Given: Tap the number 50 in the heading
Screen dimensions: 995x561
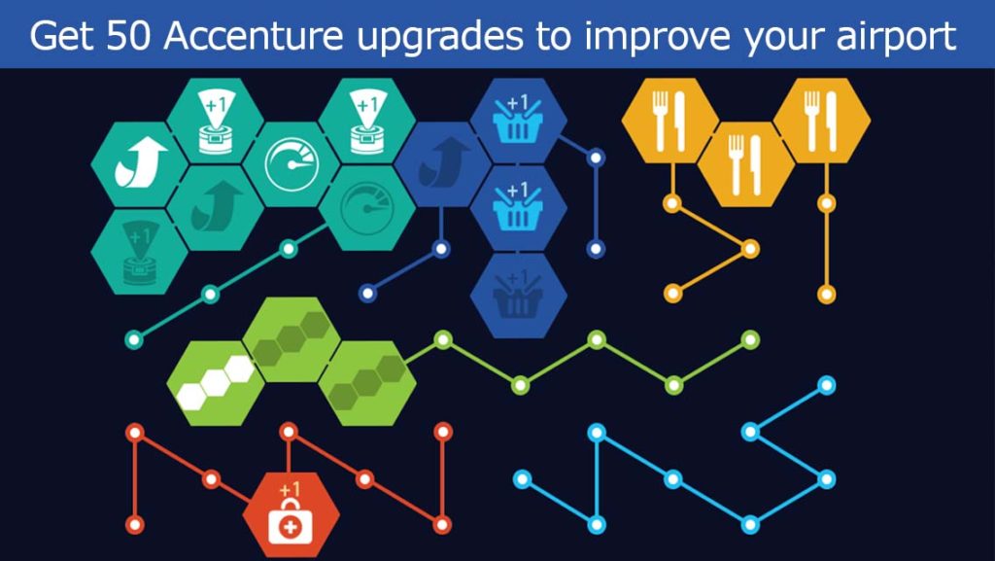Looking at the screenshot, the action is coord(129,36).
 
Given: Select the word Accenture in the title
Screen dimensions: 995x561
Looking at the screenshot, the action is coord(254,36).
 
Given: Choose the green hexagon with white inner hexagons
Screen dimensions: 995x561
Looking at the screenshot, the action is coord(215,383).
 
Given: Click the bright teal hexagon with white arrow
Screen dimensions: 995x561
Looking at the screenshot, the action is coord(139,164).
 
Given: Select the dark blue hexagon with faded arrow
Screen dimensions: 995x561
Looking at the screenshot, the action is coord(442,164).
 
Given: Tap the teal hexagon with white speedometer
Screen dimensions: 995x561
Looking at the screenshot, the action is coord(292,164).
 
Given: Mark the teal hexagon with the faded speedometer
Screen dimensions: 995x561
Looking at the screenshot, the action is coord(367,207).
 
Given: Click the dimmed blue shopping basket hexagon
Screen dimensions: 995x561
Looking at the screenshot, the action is coord(519,296).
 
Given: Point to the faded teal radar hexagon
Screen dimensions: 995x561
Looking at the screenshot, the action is coord(139,252).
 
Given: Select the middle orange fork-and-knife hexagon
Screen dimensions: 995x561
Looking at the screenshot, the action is coord(745,164).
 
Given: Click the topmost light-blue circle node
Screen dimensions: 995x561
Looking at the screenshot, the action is coord(826,385).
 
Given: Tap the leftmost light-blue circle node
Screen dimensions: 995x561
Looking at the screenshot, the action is coord(522,478).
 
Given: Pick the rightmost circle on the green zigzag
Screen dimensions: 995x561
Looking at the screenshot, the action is coord(750,339).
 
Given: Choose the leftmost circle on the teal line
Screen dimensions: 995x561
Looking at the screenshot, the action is coord(133,339).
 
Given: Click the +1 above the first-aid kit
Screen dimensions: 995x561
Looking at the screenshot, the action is coord(290,489).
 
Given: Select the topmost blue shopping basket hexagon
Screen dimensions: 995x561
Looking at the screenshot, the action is coord(519,121).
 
